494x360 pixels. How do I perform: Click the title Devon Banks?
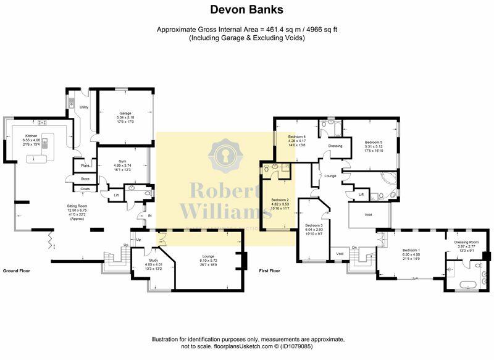coord(246,10)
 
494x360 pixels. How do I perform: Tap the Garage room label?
coord(126,113)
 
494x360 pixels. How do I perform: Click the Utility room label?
coord(84,107)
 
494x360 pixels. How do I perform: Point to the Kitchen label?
coord(31,136)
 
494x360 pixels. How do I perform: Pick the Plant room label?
coord(81,166)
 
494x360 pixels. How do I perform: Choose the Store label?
coord(85,179)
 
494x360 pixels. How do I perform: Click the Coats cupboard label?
coord(85,189)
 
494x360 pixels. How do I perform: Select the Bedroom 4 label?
coord(297,136)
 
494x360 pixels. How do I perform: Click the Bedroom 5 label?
coord(373,142)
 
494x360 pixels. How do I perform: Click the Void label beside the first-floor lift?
coord(369,214)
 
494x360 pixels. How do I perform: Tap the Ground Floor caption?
coord(16,270)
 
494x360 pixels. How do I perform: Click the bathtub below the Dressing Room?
coord(466,284)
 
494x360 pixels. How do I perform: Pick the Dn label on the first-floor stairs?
coord(354,248)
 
